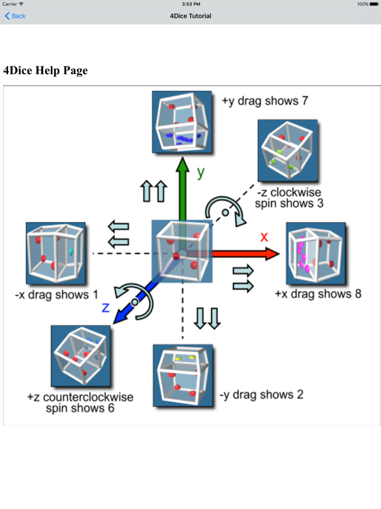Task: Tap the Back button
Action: click(15, 16)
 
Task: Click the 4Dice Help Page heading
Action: click(46, 70)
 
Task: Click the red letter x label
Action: click(264, 237)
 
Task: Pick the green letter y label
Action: click(201, 172)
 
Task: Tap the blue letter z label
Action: click(106, 308)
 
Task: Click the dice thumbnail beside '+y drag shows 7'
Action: click(182, 122)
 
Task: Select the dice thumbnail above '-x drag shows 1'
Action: click(56, 253)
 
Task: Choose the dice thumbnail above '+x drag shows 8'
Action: click(316, 253)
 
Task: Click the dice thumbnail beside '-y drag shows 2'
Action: click(183, 375)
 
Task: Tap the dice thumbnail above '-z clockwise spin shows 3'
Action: click(288, 150)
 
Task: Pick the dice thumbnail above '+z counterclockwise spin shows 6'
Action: click(81, 356)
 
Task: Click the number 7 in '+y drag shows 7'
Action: click(304, 101)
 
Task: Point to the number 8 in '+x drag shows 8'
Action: click(358, 294)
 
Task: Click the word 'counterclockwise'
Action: click(88, 397)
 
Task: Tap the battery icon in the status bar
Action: click(374, 4)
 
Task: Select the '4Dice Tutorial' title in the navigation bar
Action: click(190, 16)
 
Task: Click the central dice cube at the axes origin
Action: click(182, 251)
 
